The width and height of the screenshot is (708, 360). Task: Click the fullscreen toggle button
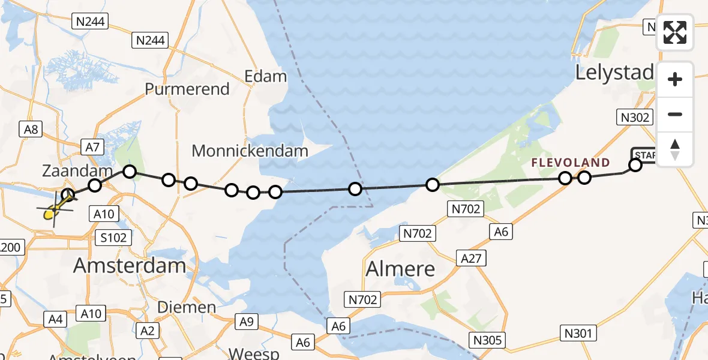pos(675,32)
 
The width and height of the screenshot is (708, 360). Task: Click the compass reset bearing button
pos(675,149)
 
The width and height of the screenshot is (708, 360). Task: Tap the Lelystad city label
pos(614,73)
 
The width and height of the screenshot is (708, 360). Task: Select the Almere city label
pos(400,268)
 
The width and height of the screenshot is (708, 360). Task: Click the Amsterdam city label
pos(130,265)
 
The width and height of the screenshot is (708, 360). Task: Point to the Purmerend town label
pos(187,89)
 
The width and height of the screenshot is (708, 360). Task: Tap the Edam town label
pos(266,76)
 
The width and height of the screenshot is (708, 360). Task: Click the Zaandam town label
pos(77,171)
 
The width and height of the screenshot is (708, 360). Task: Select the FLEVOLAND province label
pos(570,163)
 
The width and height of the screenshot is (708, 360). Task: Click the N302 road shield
pos(635,118)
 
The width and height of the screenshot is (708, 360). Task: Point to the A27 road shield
pos(471,258)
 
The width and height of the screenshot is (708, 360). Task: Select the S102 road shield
pos(113,238)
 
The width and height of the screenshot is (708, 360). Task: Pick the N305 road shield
pos(488,340)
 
